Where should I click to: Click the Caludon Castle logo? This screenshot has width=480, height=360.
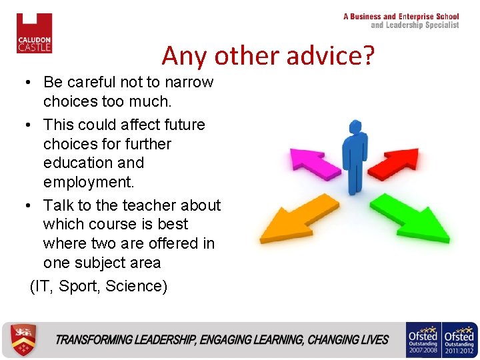[34, 33]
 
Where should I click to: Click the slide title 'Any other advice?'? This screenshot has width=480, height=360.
[268, 55]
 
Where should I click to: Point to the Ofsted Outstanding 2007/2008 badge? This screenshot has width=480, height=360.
[423, 340]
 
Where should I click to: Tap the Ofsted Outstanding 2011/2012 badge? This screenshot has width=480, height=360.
[459, 340]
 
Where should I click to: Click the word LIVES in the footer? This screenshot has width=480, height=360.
[374, 340]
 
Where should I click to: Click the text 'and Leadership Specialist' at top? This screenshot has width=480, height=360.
[415, 25]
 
